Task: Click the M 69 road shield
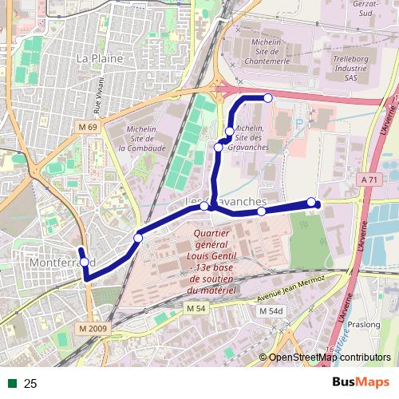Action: [x=88, y=128]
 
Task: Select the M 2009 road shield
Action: [x=93, y=328]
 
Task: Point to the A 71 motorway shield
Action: [x=368, y=180]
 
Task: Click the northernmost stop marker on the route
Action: [x=267, y=98]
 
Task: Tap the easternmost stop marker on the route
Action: [x=311, y=202]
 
